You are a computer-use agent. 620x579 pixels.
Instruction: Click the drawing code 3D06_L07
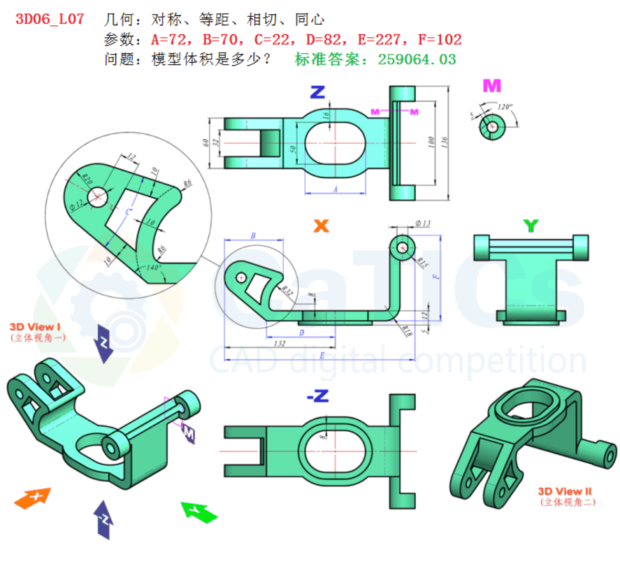(50, 19)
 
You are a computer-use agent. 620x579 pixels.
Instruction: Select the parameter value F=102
(439, 40)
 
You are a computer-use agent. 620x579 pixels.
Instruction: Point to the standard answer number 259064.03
(417, 60)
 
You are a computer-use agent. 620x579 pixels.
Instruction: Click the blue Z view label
(318, 92)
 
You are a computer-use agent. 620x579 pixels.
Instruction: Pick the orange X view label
(321, 225)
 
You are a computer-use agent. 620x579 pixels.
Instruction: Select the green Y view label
(530, 225)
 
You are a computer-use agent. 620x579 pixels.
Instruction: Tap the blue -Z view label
(318, 396)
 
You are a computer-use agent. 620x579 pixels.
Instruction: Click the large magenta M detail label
(492, 86)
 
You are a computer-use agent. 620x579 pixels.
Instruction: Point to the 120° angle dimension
(505, 107)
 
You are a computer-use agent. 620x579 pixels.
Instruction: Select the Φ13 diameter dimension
(423, 223)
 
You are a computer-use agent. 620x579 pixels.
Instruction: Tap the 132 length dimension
(279, 343)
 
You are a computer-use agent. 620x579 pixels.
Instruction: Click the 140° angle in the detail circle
(153, 268)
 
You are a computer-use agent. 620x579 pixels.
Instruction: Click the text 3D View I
(35, 327)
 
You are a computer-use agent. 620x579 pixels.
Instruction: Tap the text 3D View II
(565, 491)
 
